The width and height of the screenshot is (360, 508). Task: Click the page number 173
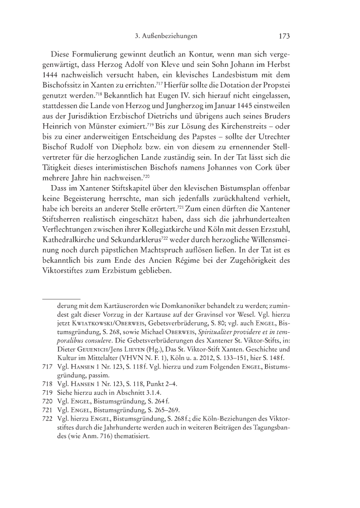pyautogui.click(x=284, y=37)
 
